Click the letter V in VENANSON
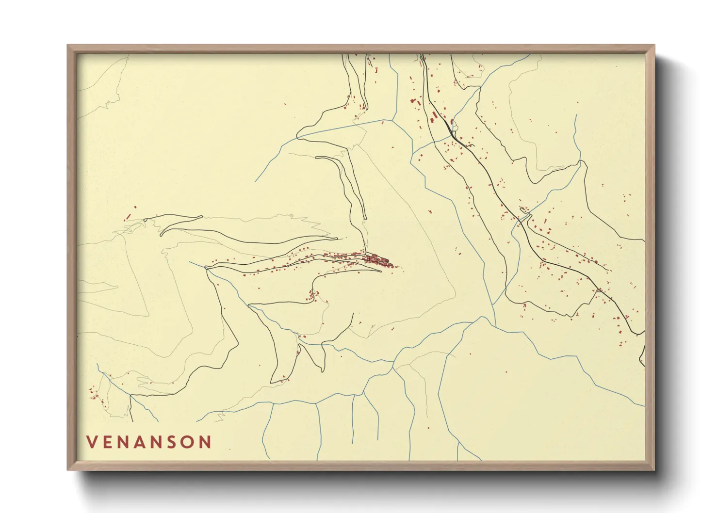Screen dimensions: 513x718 (x=92, y=442)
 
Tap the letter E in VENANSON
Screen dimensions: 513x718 (x=108, y=442)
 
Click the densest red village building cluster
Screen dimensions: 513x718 (x=378, y=260)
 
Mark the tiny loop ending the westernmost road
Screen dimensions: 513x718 (x=145, y=221)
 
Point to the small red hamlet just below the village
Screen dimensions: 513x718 (x=312, y=294)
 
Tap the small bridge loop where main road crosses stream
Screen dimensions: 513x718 (x=524, y=211)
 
